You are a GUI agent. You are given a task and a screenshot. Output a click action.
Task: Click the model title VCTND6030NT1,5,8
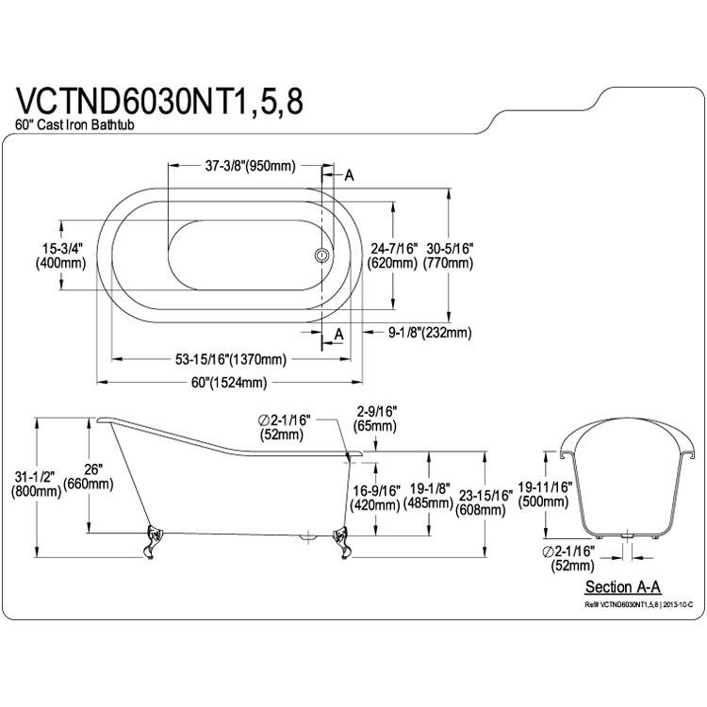[x=159, y=102]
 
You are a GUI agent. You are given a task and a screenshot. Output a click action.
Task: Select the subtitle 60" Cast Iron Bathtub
[x=74, y=124]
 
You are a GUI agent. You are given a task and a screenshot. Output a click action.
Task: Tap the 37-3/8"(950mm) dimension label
[x=250, y=166]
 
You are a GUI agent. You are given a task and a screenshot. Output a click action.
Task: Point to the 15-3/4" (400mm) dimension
[x=60, y=255]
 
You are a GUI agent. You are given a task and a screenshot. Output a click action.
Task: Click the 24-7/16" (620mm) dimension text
[x=392, y=255]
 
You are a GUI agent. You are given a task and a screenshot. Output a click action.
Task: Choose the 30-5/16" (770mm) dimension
[x=448, y=255]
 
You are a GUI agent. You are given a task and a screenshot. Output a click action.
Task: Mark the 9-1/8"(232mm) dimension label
[x=430, y=333]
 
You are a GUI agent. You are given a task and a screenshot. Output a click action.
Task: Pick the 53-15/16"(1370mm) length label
[x=231, y=359]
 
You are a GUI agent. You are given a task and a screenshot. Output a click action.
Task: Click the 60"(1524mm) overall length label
[x=229, y=383]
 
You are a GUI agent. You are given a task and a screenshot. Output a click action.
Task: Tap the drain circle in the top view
[x=322, y=255]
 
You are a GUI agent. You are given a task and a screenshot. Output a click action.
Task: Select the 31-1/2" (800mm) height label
[x=36, y=484]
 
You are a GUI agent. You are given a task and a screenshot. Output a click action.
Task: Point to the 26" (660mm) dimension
[x=88, y=477]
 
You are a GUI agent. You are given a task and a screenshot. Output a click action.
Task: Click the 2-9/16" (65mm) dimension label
[x=375, y=419]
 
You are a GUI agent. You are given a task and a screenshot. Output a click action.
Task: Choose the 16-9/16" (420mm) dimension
[x=375, y=498]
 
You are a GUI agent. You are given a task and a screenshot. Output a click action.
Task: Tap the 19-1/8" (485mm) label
[x=428, y=495]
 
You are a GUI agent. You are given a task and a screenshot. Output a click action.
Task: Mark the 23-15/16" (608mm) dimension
[x=484, y=502]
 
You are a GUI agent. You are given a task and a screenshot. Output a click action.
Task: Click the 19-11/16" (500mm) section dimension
[x=544, y=494]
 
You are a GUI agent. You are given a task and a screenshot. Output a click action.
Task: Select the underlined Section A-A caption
[x=623, y=587]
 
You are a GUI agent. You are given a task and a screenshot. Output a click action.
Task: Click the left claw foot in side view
[x=153, y=541]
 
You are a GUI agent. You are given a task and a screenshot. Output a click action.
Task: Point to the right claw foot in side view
[x=342, y=542]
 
